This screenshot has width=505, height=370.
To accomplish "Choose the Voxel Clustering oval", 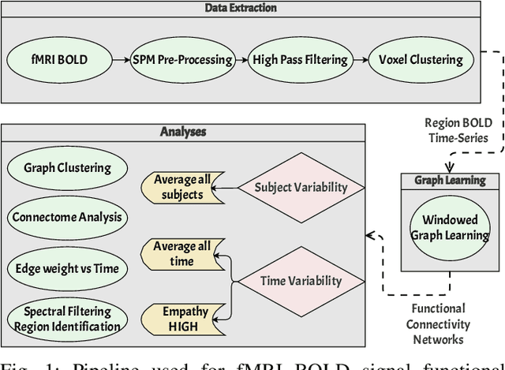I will point(421,59).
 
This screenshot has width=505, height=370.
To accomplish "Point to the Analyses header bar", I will point(184,132).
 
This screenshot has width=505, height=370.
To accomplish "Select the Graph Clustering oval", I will point(67,167).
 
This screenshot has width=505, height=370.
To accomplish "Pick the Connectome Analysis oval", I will point(67,215).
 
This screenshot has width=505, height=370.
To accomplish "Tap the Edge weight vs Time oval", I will point(67,268).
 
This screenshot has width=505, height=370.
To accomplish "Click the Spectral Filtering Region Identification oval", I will point(67,318).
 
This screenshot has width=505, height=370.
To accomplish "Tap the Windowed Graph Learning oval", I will point(449,226).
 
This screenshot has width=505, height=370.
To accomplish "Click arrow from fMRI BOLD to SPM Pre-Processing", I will point(121,59).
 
